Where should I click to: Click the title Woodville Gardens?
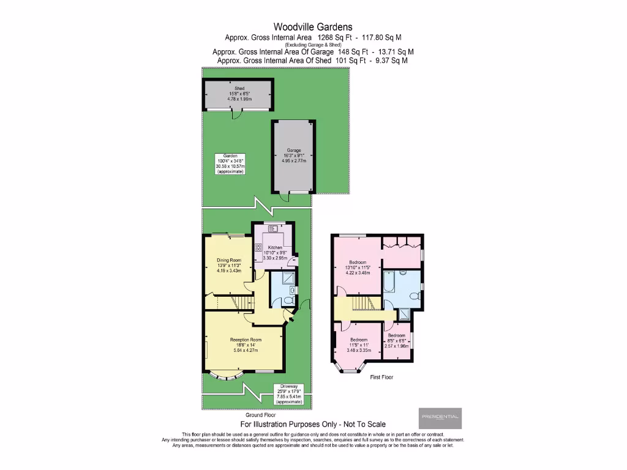point(313,26)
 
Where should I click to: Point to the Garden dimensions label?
point(230,164)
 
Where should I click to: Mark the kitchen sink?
point(272,228)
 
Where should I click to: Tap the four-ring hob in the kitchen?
point(258,248)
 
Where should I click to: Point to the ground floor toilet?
point(292,291)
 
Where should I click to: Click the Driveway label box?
point(288,394)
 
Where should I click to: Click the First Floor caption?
point(381,378)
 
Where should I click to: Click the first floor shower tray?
point(405,315)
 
